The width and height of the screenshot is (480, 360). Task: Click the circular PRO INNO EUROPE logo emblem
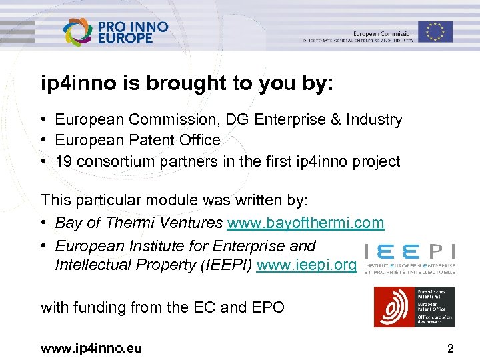79,31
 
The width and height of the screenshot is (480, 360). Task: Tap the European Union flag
435,31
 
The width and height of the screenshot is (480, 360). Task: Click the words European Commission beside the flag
383,33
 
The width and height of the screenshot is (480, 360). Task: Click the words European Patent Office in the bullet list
137,140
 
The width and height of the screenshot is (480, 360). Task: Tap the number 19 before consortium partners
64,161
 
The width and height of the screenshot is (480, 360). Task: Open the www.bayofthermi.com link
306,223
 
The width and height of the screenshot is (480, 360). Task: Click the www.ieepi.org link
307,265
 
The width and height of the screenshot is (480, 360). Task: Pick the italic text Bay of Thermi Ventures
139,223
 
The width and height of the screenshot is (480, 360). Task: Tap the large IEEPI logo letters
409,253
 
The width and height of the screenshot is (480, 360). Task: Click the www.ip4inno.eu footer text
91,348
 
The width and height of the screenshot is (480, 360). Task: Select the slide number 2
451,348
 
